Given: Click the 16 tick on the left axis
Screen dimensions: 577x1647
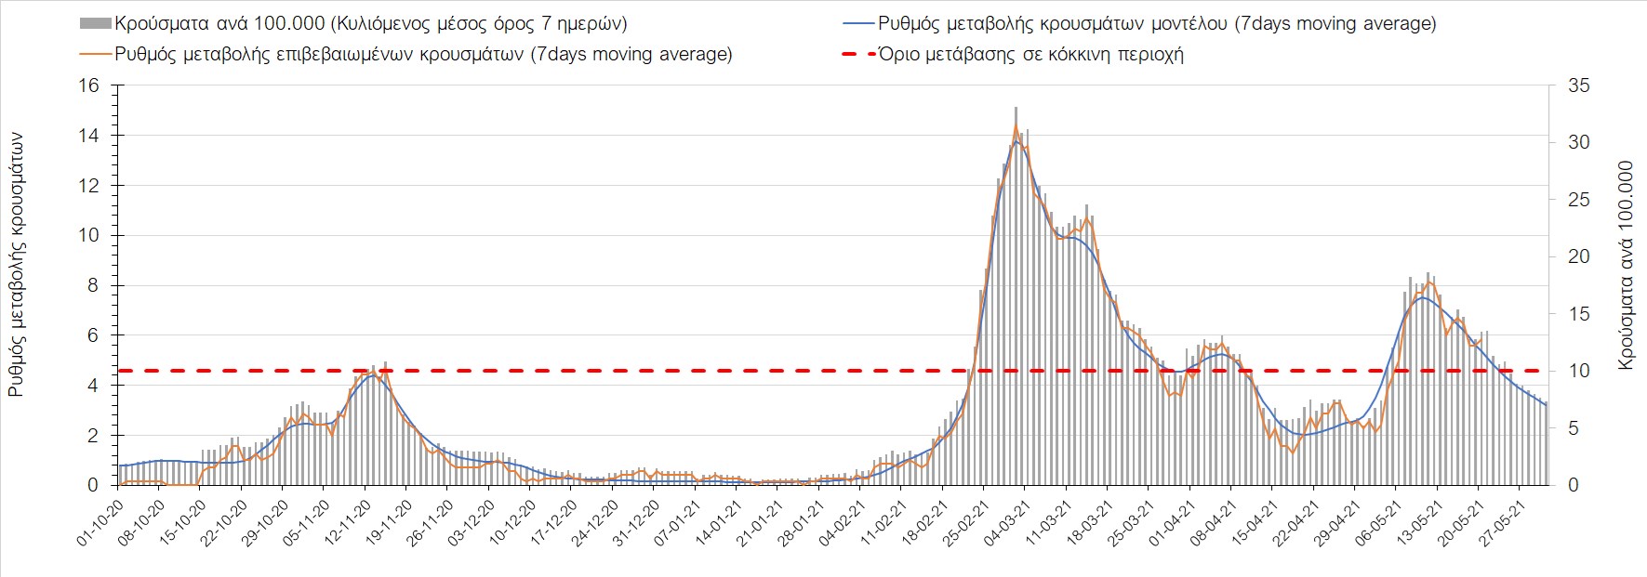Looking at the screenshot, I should point(88,85).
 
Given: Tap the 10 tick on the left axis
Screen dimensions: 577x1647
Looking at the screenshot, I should point(88,235).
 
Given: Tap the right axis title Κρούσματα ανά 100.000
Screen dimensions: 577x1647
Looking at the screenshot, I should point(1626,266).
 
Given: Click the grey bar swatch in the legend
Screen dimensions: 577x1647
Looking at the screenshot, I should point(95,23).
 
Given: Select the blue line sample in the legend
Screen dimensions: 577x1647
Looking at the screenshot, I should point(858,23).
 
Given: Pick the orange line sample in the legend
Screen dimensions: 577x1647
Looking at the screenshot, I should point(95,54).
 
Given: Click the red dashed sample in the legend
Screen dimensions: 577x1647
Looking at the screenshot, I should point(858,54).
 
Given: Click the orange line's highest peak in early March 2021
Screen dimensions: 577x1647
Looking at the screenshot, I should point(1016,125).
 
